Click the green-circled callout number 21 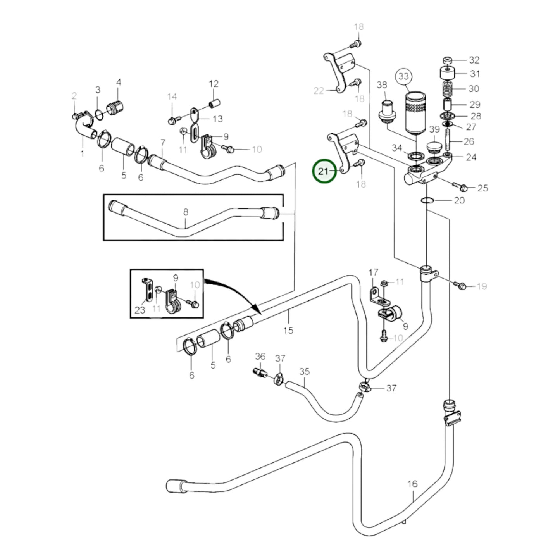point(324,171)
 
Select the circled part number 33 point(404,76)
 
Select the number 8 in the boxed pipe point(186,212)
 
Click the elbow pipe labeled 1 point(83,130)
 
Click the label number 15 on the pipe point(288,330)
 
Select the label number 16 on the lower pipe point(412,484)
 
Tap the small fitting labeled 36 point(260,373)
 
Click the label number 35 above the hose point(305,372)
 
